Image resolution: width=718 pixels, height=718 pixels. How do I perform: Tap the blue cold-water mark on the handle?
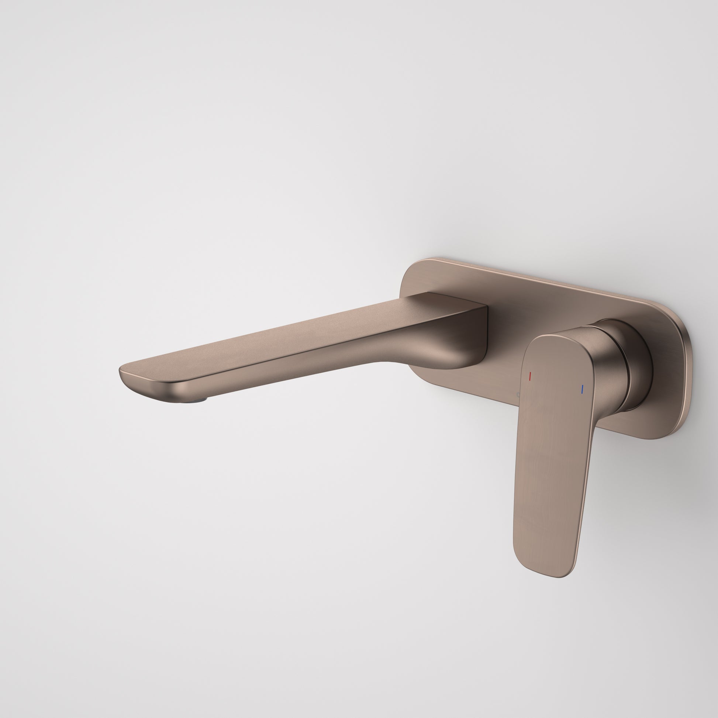[x=582, y=389]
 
